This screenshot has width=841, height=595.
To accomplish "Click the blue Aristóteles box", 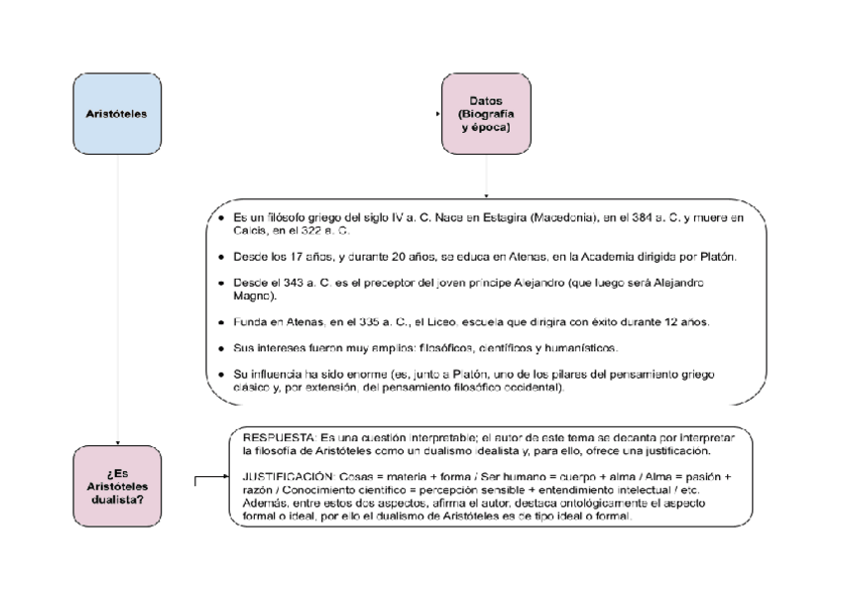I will (x=117, y=114).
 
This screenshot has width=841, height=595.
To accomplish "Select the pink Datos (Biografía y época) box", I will (x=485, y=114).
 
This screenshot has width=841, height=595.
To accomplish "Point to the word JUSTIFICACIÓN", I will (x=285, y=477).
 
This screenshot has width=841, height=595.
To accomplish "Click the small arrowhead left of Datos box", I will (x=438, y=114).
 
